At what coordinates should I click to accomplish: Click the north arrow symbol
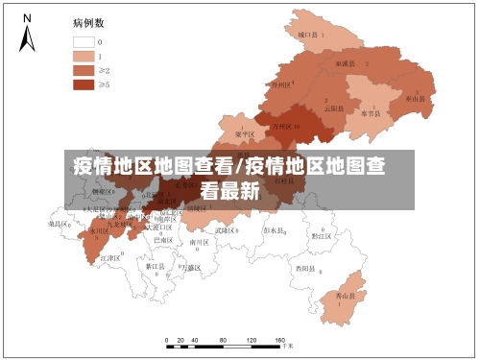pyautogui.click(x=27, y=33)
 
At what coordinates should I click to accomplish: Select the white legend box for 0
pyautogui.click(x=83, y=41)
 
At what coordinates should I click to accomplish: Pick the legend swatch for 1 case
pyautogui.click(x=83, y=56)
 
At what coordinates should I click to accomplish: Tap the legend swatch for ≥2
pyautogui.click(x=83, y=70)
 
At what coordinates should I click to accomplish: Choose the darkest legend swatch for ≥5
pyautogui.click(x=83, y=84)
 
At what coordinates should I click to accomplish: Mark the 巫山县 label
pyautogui.click(x=415, y=98)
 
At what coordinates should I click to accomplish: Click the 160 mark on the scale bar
pyautogui.click(x=280, y=341)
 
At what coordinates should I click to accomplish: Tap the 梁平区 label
pyautogui.click(x=245, y=134)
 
